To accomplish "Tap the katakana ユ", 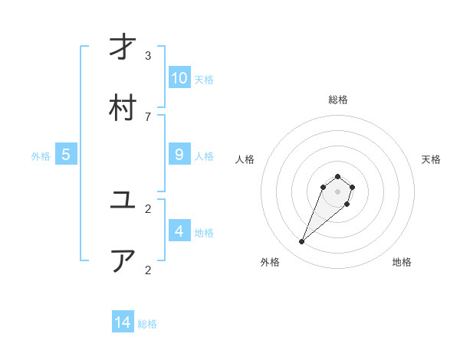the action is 123,201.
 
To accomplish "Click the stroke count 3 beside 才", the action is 148,55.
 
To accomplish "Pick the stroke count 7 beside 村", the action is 148,116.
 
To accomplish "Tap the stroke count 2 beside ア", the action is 148,270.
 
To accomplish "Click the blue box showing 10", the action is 179,78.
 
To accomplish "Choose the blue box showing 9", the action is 179,155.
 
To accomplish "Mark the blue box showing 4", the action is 179,231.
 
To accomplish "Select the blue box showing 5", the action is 66,155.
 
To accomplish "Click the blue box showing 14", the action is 123,322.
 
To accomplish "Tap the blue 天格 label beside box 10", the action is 204,80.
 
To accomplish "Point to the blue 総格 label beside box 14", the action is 147,324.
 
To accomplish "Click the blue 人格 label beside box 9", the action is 204,156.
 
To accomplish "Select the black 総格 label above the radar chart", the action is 337,100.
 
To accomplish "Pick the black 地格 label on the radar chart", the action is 402,262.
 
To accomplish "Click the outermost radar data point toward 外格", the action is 302,242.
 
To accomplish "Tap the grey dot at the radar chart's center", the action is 337,191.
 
